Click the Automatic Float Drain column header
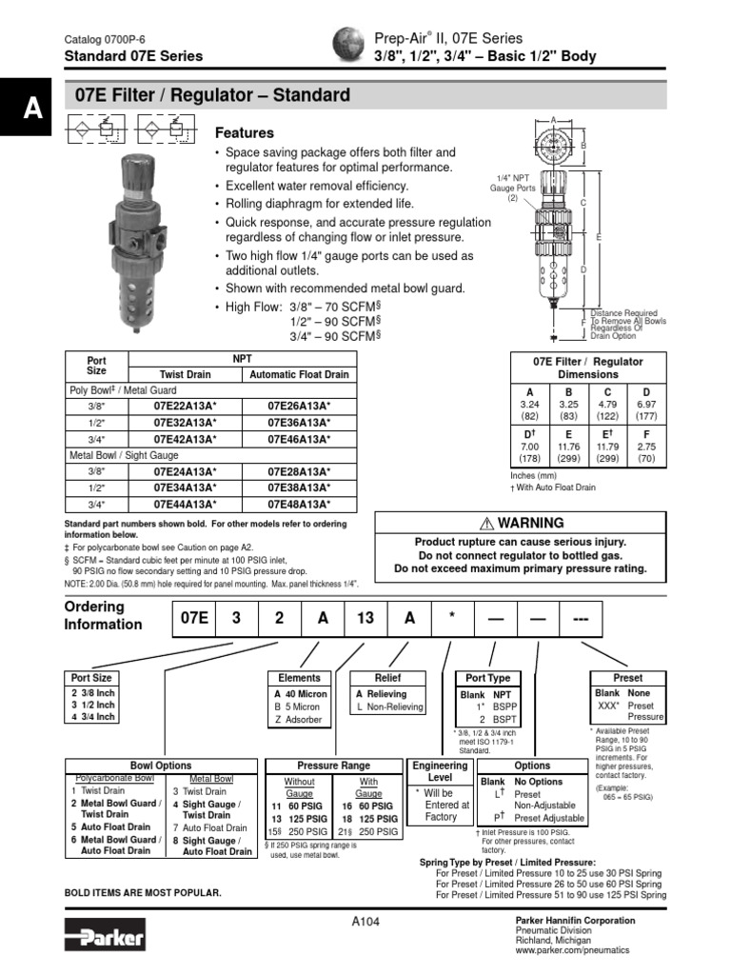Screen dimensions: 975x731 click(299, 375)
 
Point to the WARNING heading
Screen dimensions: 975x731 click(523, 523)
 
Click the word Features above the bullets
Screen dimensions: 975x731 click(245, 133)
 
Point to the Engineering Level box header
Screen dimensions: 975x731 click(440, 771)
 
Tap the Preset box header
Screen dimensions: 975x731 click(628, 678)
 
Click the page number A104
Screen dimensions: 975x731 click(366, 921)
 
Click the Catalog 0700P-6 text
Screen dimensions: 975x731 click(104, 39)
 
